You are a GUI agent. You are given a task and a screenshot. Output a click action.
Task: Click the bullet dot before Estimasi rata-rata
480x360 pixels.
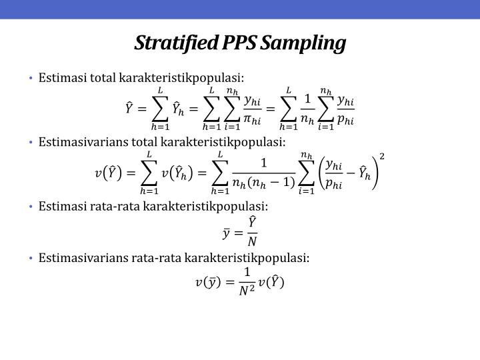point(31,207)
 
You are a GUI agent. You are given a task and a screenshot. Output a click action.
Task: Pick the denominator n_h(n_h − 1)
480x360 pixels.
point(265,183)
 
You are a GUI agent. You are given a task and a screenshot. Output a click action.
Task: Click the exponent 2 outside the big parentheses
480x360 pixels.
point(381,157)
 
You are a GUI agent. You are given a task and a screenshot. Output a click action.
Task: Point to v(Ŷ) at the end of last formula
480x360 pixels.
point(271,283)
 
